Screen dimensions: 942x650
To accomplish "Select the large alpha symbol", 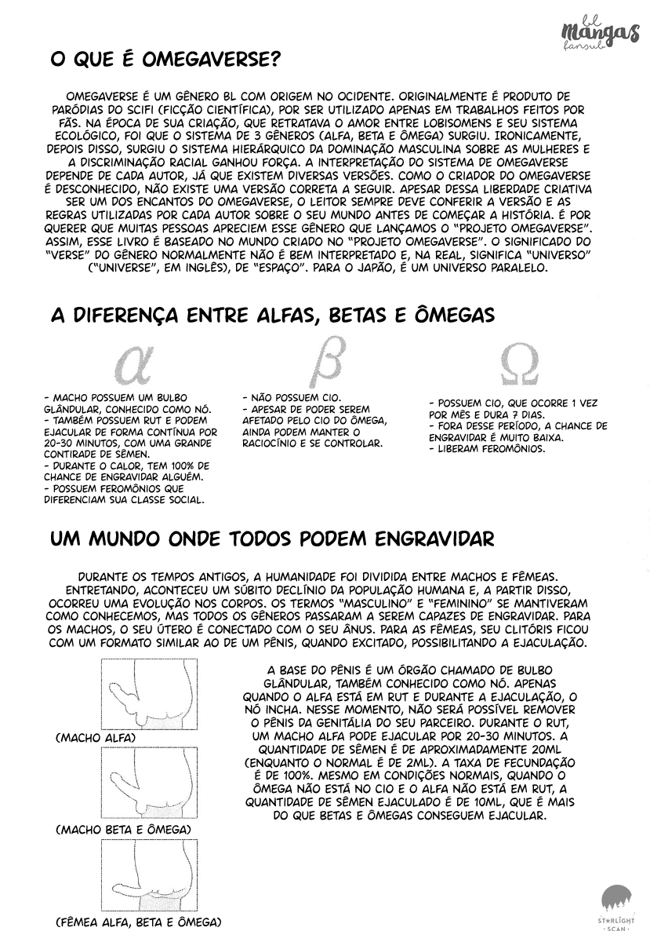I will tap(136, 363).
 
